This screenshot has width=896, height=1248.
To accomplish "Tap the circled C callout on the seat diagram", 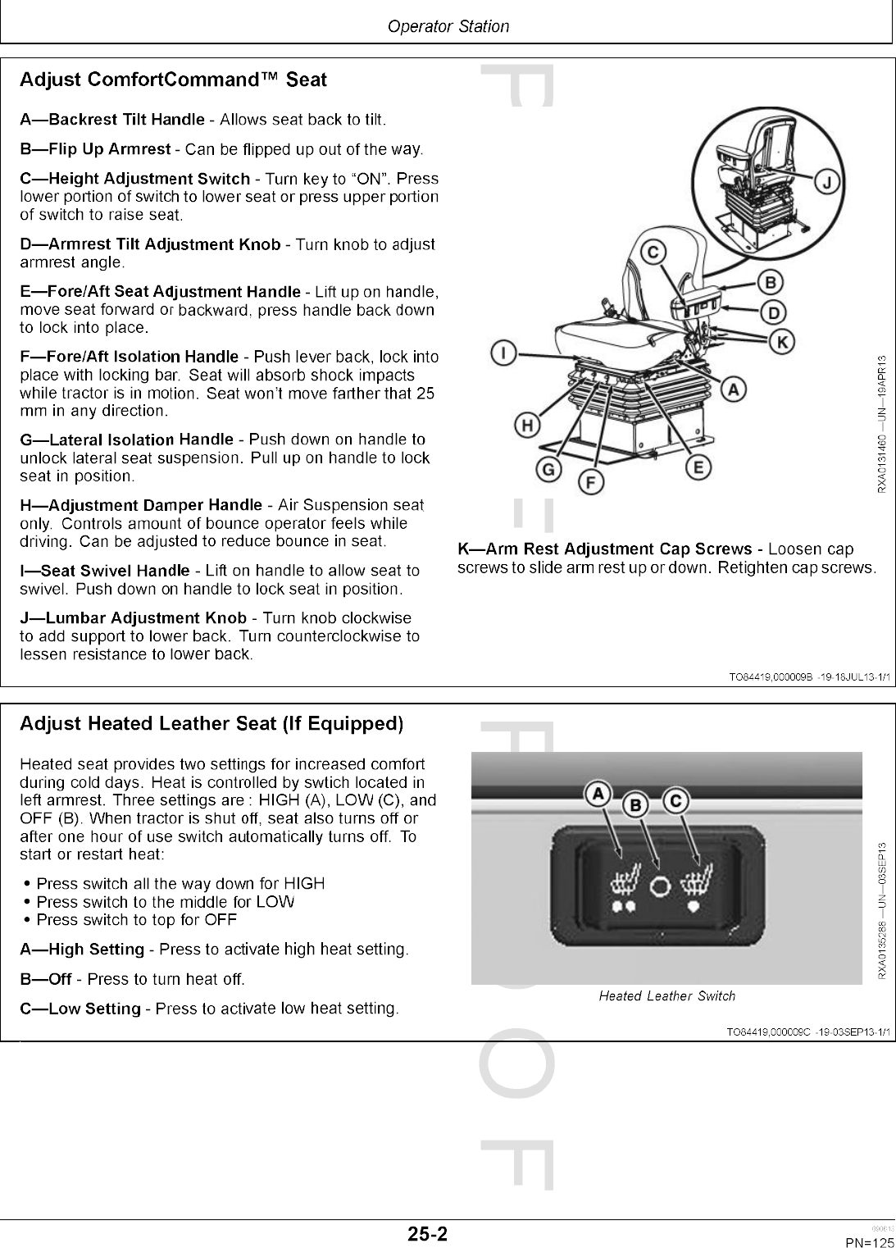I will pos(653,252).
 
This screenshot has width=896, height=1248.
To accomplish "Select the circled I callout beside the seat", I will pos(502,353).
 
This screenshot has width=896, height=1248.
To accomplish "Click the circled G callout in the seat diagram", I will pos(547,470).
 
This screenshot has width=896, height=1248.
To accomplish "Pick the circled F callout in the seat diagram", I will pos(587,482).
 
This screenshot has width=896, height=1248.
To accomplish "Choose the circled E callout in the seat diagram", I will pos(698,467).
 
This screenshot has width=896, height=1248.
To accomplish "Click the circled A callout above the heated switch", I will pos(599,793).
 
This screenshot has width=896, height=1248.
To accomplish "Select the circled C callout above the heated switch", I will pos(675,800).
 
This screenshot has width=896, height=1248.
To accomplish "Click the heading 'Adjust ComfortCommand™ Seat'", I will pos(173,80).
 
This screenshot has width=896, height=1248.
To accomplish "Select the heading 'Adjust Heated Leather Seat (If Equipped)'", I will pos(211,724).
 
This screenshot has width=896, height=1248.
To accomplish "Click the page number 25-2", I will pos(429,1234).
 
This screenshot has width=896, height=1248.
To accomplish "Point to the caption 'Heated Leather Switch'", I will pos(666,996).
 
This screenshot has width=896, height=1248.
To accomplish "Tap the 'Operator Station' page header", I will pos(448,26).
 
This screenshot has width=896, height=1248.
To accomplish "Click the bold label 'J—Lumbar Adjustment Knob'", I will pos(133,618).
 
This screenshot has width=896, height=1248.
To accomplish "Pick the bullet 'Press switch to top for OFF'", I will pos(137,920).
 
